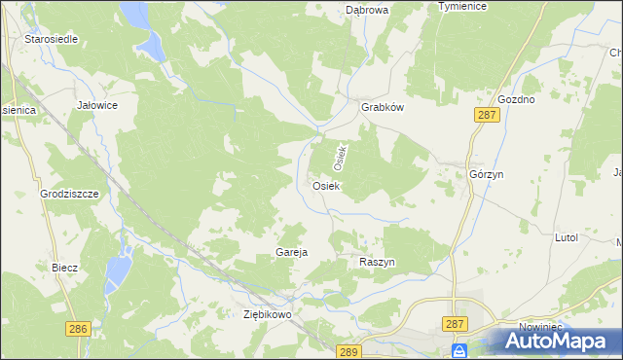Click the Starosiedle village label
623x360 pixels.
coord(52,40)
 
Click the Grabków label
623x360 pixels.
coord(382,108)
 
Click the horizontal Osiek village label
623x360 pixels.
coord(325,185)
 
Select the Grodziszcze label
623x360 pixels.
coord(70,194)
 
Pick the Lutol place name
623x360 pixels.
coord(566,237)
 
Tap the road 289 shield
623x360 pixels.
coord(349,351)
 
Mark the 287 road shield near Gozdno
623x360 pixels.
coord(488,116)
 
